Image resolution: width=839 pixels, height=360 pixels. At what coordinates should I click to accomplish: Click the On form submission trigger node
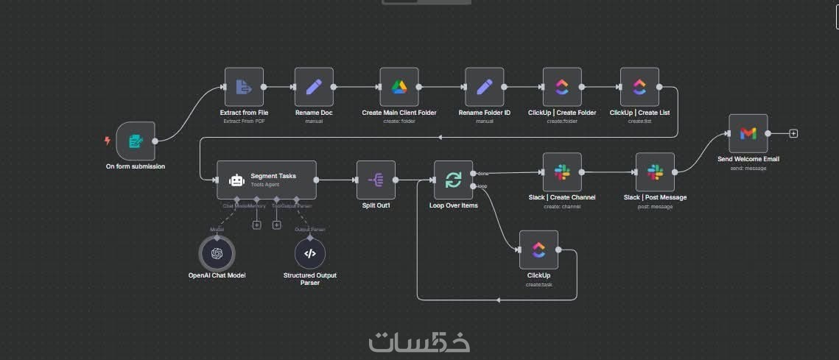[x=136, y=141]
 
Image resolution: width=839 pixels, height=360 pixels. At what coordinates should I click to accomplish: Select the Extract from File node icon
[x=244, y=87]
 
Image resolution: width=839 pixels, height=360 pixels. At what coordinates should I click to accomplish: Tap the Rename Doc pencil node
[x=314, y=87]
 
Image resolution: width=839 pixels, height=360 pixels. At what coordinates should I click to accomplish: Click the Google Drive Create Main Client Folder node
[x=399, y=87]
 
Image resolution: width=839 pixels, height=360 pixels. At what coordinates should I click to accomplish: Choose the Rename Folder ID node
[x=485, y=87]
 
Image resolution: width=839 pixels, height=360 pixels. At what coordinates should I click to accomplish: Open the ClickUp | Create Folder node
[x=562, y=87]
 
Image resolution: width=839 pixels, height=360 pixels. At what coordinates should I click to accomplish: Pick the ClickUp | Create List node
[x=639, y=87]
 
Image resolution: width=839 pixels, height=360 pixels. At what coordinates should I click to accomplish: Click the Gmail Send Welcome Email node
[x=748, y=133]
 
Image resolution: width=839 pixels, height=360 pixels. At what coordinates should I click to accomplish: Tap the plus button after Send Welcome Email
[x=793, y=133]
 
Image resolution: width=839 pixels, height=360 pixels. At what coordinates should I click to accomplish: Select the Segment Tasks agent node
[x=267, y=180]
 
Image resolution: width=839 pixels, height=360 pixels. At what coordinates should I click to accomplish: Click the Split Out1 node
[x=376, y=180]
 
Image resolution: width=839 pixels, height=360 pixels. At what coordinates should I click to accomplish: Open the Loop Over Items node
[x=453, y=180]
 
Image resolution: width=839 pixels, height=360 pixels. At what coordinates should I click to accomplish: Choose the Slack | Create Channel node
[x=562, y=172]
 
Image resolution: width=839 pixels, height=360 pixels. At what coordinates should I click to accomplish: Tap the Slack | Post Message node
[x=655, y=172]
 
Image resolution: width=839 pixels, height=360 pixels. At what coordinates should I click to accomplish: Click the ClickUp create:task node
[x=538, y=250]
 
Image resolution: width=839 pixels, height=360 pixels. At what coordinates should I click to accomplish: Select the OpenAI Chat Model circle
[x=217, y=253]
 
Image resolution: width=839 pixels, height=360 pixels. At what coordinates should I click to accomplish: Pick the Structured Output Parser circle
[x=310, y=253]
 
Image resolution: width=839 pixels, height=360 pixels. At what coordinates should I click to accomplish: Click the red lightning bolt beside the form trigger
[x=108, y=141]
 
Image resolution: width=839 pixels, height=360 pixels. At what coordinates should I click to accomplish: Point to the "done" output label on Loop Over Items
[x=483, y=173]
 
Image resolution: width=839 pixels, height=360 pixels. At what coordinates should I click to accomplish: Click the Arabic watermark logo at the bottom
[x=419, y=342]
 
